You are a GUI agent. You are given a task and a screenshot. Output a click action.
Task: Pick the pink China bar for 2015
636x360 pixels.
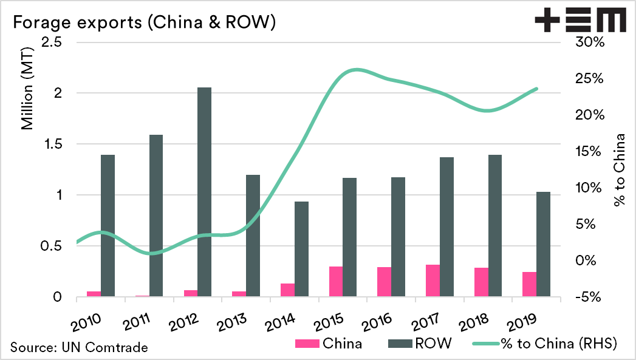(x=336, y=282)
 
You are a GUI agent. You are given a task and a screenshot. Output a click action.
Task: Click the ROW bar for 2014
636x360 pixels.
(x=301, y=249)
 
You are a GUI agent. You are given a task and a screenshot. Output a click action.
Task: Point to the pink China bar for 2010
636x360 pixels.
(x=94, y=294)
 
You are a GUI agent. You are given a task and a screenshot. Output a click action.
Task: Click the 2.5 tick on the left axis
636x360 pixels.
(x=54, y=42)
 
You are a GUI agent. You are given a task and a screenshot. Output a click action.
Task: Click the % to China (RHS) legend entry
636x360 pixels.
(x=544, y=344)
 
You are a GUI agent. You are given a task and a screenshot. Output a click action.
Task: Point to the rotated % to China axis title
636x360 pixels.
(x=619, y=175)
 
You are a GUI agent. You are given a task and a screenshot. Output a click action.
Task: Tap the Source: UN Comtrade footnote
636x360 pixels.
(x=78, y=347)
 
